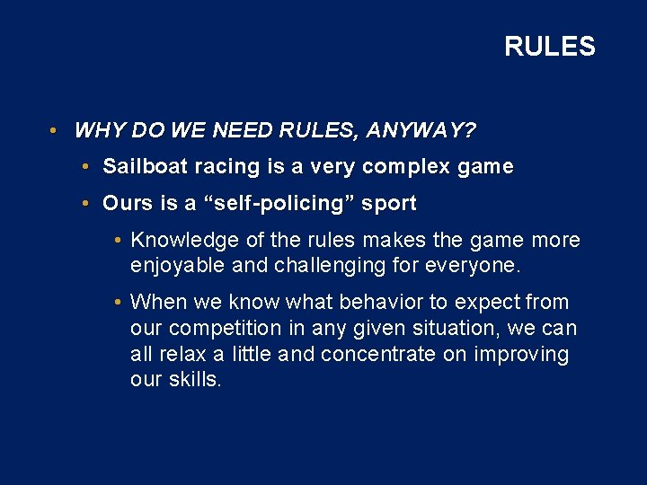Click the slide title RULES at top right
(549, 47)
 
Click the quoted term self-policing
(288, 203)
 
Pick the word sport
(388, 203)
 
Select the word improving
(525, 354)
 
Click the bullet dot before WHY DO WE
(55, 131)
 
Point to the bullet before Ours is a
(83, 204)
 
